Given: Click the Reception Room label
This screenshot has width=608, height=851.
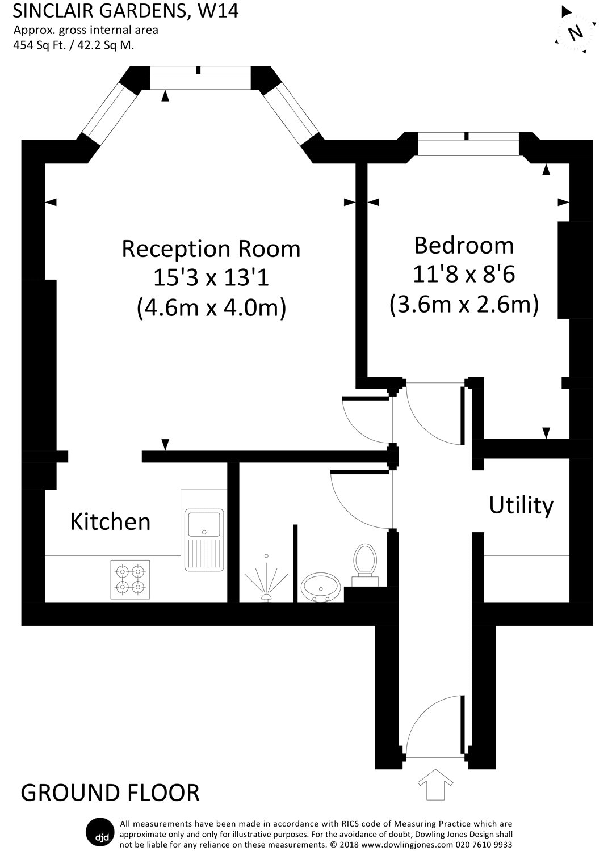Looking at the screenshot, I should [211, 249].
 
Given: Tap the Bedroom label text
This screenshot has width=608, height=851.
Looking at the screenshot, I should [464, 245].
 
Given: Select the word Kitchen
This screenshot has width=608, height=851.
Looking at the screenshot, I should [110, 521].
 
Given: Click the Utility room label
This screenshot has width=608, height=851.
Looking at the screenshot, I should [521, 504].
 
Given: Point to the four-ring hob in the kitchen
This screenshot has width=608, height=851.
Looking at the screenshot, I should [129, 579].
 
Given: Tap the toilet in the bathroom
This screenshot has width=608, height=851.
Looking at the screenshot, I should [364, 562].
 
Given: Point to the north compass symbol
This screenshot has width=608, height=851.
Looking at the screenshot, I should [575, 32].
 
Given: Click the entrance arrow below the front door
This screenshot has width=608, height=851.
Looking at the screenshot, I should [435, 784].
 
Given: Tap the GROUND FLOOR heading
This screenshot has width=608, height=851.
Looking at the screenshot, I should [110, 793].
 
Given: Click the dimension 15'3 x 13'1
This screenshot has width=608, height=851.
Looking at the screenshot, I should [211, 278].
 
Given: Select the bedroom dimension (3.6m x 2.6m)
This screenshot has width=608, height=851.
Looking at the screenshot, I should [464, 304].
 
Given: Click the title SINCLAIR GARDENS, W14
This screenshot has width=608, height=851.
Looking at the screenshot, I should [125, 11].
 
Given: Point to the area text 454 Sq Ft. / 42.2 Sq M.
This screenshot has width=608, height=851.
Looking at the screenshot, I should [74, 45].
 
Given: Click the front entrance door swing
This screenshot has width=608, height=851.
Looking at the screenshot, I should [434, 726].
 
